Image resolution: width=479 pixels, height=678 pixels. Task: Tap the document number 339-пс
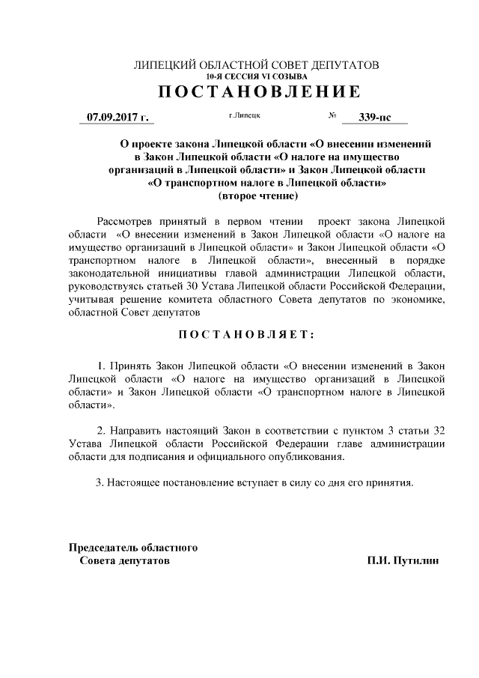(374, 118)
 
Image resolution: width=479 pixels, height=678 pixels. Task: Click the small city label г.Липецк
(244, 117)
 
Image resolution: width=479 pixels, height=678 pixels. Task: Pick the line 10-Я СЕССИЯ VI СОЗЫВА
(256, 76)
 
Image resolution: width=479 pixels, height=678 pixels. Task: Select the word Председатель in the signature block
(102, 547)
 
